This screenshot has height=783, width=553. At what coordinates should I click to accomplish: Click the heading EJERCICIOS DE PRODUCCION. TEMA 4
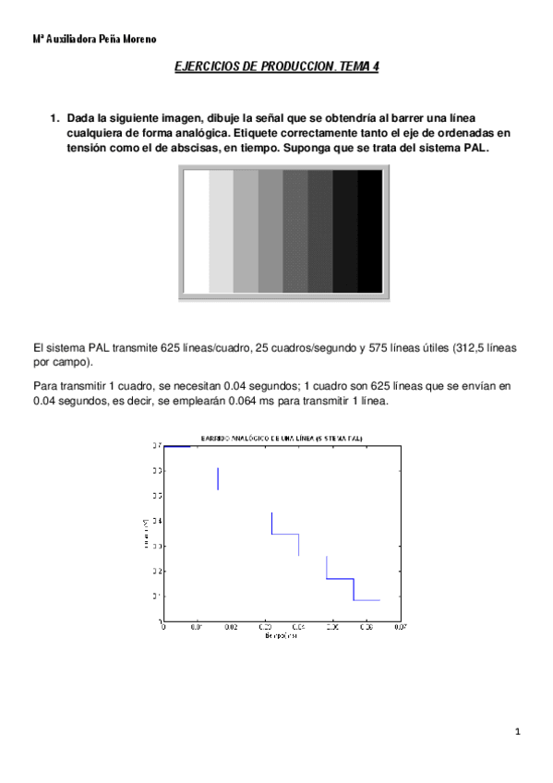tap(277, 67)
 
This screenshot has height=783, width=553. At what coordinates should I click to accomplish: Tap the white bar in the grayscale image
tap(197, 232)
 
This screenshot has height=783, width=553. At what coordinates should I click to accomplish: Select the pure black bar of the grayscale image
tap(369, 232)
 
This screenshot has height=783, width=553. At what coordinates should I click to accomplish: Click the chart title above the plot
tap(282, 436)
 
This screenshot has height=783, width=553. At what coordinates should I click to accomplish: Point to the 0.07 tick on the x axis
tap(400, 628)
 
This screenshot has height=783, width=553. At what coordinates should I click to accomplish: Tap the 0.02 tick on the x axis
tap(231, 628)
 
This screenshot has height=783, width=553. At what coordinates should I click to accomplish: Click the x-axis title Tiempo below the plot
tap(281, 636)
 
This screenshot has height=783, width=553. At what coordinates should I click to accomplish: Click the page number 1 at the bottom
tap(519, 733)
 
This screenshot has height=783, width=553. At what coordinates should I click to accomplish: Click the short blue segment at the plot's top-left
tap(177, 446)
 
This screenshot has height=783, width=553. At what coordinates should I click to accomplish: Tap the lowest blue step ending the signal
tap(367, 600)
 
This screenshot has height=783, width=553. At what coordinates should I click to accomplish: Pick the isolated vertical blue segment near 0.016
tap(218, 478)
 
